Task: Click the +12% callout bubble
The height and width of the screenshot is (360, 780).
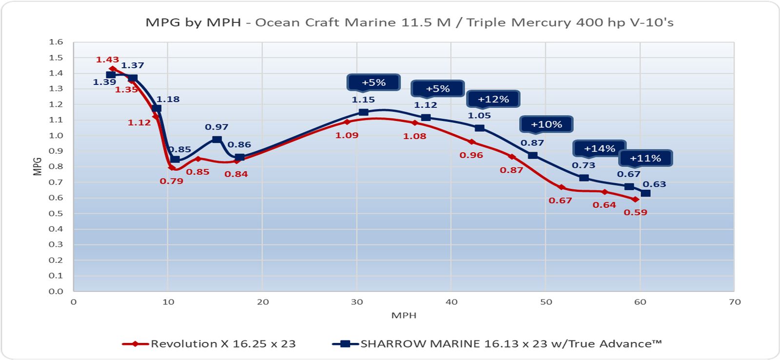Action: point(493,99)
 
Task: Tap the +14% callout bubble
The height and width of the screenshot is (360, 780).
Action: point(599,148)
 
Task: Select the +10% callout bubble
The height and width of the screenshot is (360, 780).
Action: point(546,124)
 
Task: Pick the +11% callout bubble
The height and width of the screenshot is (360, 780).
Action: point(645,158)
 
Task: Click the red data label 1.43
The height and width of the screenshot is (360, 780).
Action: point(107,60)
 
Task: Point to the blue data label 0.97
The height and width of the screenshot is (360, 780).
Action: point(216,127)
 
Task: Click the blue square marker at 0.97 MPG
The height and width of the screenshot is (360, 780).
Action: point(217,140)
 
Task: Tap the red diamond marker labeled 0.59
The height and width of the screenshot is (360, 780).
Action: point(635,200)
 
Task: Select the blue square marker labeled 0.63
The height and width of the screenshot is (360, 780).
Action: point(645,193)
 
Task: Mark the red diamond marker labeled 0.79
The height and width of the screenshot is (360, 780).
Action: point(172,168)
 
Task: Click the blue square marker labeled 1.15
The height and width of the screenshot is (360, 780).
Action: point(364,112)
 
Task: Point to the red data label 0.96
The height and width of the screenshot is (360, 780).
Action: point(471,155)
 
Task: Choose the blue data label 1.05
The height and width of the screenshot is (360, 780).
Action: point(479,116)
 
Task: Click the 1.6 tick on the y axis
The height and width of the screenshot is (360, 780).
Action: point(56,42)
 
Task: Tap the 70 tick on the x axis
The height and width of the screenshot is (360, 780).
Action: point(735,302)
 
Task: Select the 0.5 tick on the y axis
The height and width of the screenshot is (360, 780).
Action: point(56,214)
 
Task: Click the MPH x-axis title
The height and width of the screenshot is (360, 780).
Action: point(404,315)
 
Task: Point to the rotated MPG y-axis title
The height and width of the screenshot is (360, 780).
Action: point(38,166)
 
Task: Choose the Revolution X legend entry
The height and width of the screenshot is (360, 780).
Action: point(210,343)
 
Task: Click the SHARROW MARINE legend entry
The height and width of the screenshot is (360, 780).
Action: point(497,343)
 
